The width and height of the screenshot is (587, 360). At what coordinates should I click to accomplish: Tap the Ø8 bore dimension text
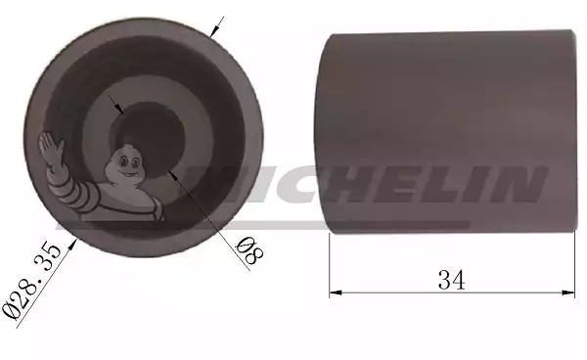pyautogui.click(x=249, y=250)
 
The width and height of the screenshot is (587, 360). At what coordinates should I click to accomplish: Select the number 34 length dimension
pyautogui.click(x=451, y=280)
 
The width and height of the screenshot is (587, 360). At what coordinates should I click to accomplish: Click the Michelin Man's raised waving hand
pyautogui.click(x=51, y=148)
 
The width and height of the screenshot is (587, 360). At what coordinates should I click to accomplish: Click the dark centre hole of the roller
pyautogui.click(x=147, y=138)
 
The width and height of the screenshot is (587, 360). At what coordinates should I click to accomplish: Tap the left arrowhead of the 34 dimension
pyautogui.click(x=336, y=292)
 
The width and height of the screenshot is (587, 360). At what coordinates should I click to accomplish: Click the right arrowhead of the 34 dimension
pyautogui.click(x=568, y=292)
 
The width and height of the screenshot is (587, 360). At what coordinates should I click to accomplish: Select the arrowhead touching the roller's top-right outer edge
pyautogui.click(x=213, y=33)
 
